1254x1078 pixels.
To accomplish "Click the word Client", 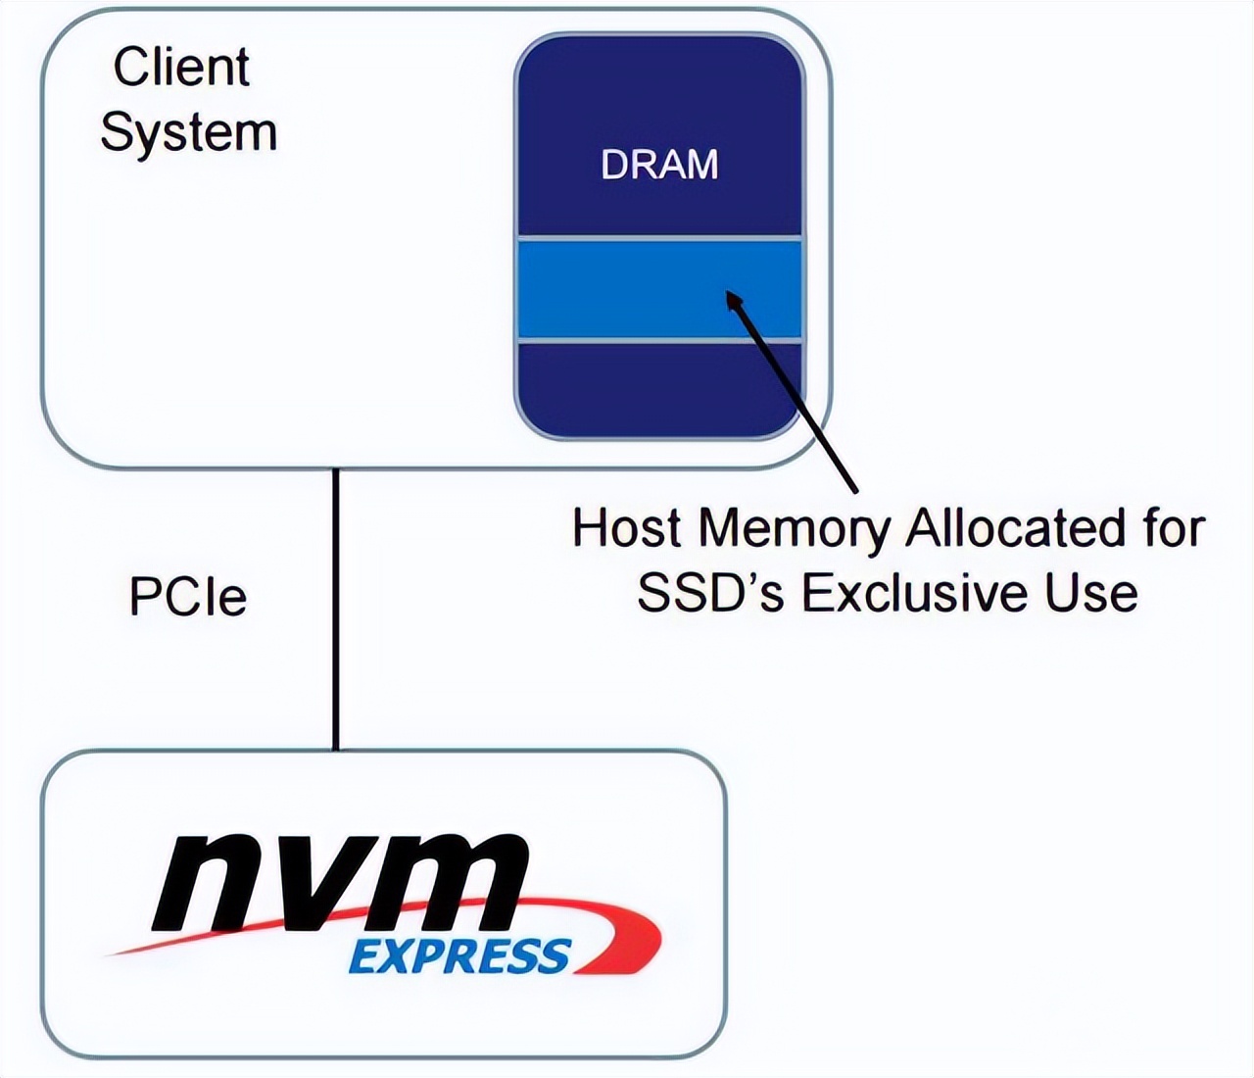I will pyautogui.click(x=181, y=68).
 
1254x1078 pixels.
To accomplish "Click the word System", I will pyautogui.click(x=188, y=132).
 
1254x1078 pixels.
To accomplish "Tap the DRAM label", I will pyautogui.click(x=659, y=165).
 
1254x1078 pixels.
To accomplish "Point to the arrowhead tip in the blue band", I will pyautogui.click(x=729, y=293).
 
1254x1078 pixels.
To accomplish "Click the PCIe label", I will pyautogui.click(x=188, y=597).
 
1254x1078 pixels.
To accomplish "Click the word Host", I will pyautogui.click(x=626, y=528).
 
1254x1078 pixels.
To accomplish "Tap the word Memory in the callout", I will pyautogui.click(x=795, y=530).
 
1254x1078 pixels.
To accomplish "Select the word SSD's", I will pyautogui.click(x=710, y=593).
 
